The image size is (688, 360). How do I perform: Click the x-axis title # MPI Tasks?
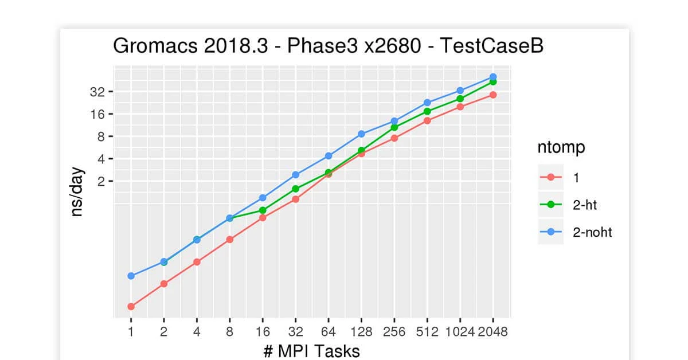tap(311, 350)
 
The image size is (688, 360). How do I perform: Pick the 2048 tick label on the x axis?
tap(493, 332)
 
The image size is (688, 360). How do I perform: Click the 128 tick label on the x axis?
tap(361, 332)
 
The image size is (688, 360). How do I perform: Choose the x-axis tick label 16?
tap(263, 332)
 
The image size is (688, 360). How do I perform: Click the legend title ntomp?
tap(561, 147)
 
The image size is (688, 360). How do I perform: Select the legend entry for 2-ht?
tap(585, 205)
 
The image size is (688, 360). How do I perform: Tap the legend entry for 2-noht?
tap(592, 232)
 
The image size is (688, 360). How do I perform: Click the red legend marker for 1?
tap(551, 177)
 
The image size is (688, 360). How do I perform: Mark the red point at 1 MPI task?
tap(131, 306)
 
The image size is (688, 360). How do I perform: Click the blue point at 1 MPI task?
tap(131, 276)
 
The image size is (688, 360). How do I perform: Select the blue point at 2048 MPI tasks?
tap(493, 77)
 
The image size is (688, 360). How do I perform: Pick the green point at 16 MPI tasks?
tap(263, 210)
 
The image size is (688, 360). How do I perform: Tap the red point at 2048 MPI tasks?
tap(493, 95)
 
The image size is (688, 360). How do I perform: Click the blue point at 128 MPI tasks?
tap(361, 134)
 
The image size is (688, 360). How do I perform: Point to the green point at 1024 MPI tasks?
tap(460, 99)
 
